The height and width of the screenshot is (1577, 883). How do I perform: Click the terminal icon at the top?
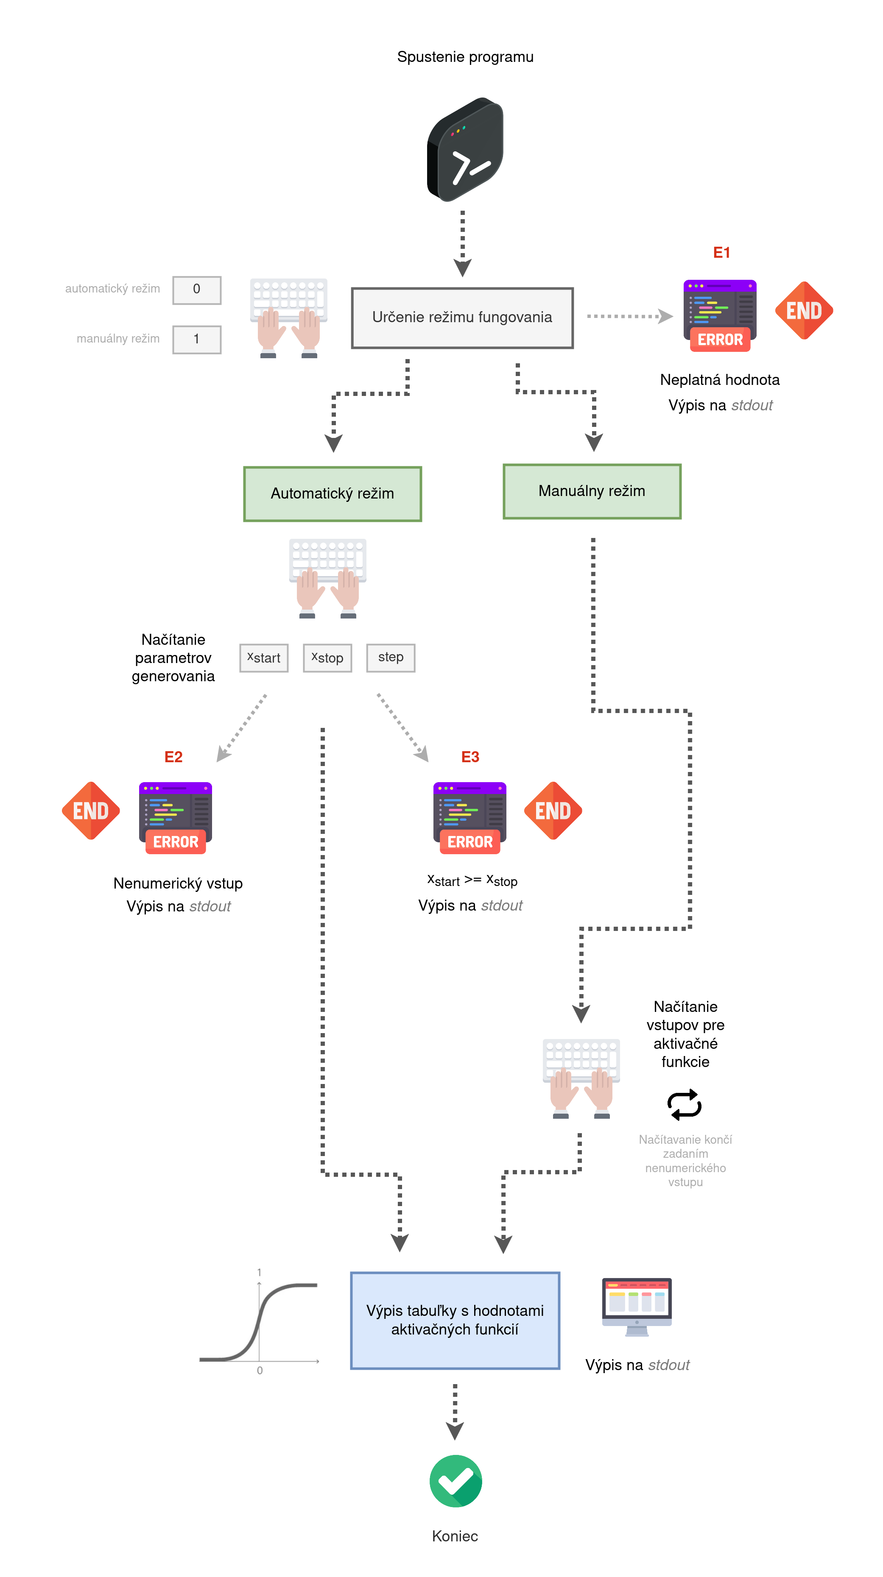tap(465, 150)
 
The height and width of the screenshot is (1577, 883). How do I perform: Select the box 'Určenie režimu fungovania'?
tap(462, 318)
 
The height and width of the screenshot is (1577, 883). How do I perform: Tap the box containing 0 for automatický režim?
tap(196, 290)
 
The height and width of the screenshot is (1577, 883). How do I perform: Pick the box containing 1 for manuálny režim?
tap(196, 339)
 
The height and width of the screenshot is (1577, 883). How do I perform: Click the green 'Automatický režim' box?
tap(333, 493)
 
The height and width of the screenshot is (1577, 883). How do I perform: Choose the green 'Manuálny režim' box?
tap(592, 491)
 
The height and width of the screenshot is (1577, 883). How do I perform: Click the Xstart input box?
tap(264, 658)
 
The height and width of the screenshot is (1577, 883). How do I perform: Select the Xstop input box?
tap(327, 658)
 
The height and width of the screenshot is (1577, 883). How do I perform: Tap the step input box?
tap(391, 658)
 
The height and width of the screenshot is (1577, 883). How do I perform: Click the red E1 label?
tap(721, 253)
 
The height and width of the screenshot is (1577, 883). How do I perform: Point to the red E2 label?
tap(173, 757)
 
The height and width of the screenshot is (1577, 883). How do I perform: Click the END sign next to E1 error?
tap(804, 311)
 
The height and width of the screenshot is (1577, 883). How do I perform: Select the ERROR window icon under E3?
tap(469, 817)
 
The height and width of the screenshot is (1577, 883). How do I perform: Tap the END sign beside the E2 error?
tap(91, 811)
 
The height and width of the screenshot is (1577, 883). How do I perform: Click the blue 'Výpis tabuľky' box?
tap(455, 1320)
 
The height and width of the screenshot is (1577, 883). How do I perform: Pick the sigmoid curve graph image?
tap(261, 1320)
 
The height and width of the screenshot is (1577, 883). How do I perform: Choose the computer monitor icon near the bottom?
tap(637, 1307)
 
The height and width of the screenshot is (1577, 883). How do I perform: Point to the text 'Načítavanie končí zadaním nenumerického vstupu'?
tap(685, 1160)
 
